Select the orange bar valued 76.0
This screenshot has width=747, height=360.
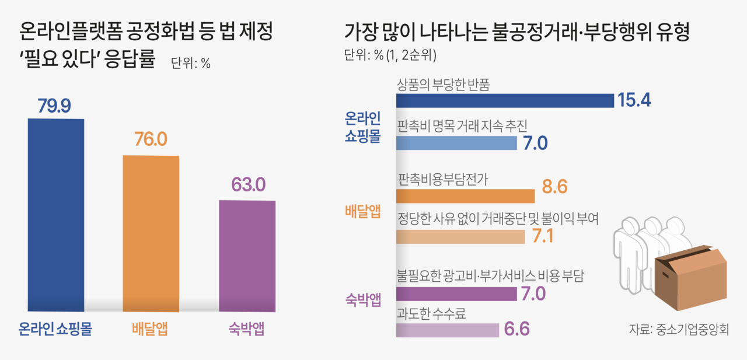point(151,233)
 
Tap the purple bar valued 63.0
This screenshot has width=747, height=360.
point(247,256)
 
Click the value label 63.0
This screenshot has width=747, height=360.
point(248,186)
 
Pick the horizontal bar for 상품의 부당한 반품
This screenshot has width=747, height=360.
point(505,100)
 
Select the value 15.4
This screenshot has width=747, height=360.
point(634,100)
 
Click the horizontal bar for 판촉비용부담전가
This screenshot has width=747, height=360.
point(465,195)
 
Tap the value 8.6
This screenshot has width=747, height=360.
point(554,188)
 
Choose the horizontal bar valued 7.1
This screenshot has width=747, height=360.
point(460,236)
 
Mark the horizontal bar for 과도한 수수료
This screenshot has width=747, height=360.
point(448,330)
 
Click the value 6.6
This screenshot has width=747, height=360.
point(516,330)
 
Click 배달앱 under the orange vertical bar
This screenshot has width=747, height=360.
point(150,329)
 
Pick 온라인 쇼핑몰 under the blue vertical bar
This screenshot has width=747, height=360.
point(56,329)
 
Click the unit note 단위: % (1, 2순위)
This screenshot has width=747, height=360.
point(390,56)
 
